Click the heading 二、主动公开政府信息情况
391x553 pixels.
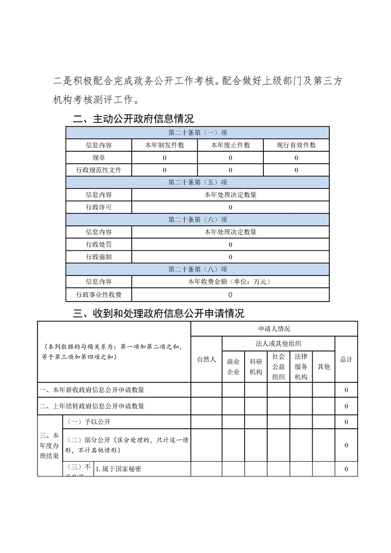(133, 119)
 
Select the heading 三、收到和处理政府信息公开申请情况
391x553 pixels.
(158, 313)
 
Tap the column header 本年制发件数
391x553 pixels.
(164, 145)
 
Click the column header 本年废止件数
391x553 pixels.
(230, 145)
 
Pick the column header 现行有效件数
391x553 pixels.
(296, 145)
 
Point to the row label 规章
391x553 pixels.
(99, 158)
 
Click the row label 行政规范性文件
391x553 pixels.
(99, 170)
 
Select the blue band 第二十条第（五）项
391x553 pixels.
(197, 182)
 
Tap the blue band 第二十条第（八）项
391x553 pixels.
(197, 269)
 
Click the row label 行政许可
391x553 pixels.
(99, 207)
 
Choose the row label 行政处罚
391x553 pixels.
(99, 244)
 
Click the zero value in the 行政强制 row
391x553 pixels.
(230, 257)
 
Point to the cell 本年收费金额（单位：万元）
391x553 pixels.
(230, 281)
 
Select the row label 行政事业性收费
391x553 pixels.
(99, 295)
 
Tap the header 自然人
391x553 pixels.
(206, 360)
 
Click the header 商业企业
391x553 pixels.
(233, 367)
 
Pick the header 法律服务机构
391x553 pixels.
(301, 367)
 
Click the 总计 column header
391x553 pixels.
(346, 360)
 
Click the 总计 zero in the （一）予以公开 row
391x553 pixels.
(346, 422)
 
